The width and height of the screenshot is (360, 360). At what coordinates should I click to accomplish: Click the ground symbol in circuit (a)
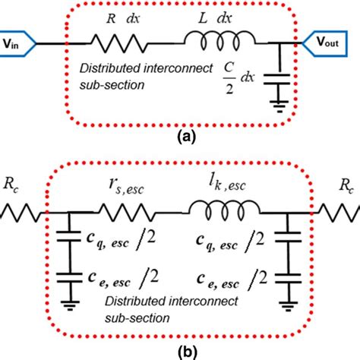(x=281, y=109)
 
